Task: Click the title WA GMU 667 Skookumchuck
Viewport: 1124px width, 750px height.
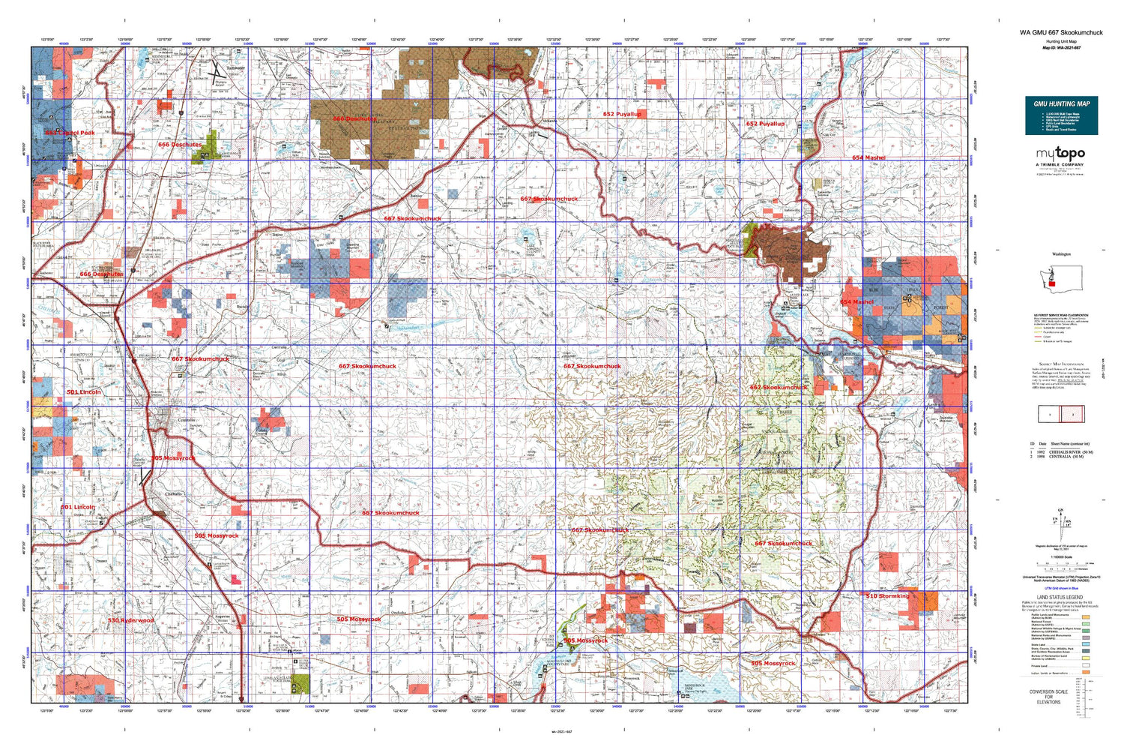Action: (x=1061, y=33)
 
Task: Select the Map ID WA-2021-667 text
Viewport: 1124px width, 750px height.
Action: (x=1061, y=48)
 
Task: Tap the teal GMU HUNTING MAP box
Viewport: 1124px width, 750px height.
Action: (x=1061, y=115)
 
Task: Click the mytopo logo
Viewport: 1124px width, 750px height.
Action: (x=1060, y=154)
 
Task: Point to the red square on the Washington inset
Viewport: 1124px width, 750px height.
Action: (x=1051, y=283)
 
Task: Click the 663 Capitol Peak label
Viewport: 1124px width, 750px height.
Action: (x=70, y=133)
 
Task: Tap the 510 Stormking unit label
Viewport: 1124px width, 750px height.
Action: (x=887, y=596)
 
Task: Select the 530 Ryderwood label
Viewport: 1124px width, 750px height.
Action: (x=130, y=620)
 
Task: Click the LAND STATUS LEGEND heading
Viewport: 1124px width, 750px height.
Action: (x=1059, y=598)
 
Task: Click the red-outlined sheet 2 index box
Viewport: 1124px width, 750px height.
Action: (x=1072, y=414)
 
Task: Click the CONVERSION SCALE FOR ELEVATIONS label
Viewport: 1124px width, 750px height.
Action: (x=1048, y=697)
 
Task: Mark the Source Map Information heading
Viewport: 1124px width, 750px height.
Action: (x=1060, y=364)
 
